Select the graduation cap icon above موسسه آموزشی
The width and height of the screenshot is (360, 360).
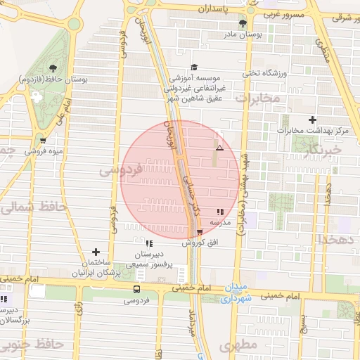point(194,67)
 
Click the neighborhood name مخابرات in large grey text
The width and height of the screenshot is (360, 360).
point(257,98)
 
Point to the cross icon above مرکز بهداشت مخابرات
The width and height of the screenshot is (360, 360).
point(313,120)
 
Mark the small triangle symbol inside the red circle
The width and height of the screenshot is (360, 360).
point(220,148)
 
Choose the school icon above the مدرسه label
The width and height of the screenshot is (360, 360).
point(220,211)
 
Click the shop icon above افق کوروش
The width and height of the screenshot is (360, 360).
point(200,232)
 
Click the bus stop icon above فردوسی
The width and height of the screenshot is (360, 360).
point(136,289)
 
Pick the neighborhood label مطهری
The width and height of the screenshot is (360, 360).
point(235,346)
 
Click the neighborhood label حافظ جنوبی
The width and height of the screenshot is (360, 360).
point(32,345)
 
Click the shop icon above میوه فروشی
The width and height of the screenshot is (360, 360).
point(43,140)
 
